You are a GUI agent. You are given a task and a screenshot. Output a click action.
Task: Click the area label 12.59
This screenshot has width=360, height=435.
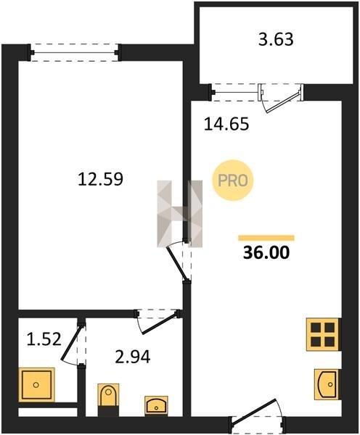[100, 179]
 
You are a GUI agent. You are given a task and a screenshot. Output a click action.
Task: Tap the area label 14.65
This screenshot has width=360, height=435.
[226, 124]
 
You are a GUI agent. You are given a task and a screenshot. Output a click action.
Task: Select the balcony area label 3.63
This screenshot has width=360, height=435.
[276, 39]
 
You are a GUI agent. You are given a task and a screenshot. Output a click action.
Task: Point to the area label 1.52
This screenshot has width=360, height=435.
[44, 339]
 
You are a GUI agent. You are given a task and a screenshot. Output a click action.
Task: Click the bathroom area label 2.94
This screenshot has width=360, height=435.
[133, 357]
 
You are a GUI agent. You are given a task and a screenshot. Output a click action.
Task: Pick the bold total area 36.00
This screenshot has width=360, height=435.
[266, 253]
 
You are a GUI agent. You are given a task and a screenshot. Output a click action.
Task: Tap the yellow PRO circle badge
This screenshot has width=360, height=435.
[233, 181]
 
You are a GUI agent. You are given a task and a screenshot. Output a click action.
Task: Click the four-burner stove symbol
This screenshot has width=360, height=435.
[324, 334]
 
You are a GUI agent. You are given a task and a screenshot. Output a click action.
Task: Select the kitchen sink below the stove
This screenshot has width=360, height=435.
[327, 384]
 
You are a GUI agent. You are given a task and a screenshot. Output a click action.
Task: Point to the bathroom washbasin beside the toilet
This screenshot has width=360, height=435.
[156, 405]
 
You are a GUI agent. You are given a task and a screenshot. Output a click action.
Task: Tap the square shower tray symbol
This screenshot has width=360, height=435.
[37, 385]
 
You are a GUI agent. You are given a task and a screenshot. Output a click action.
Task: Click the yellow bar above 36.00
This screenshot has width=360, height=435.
[266, 238]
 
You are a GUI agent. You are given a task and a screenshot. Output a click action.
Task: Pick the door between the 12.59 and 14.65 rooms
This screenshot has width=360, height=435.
[177, 263]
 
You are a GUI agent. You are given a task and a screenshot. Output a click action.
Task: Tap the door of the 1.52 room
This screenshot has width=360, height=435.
[72, 344]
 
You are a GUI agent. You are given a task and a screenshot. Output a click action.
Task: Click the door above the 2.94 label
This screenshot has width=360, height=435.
[160, 323]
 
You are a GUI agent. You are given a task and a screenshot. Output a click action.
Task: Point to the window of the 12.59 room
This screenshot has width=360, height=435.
[75, 52]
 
